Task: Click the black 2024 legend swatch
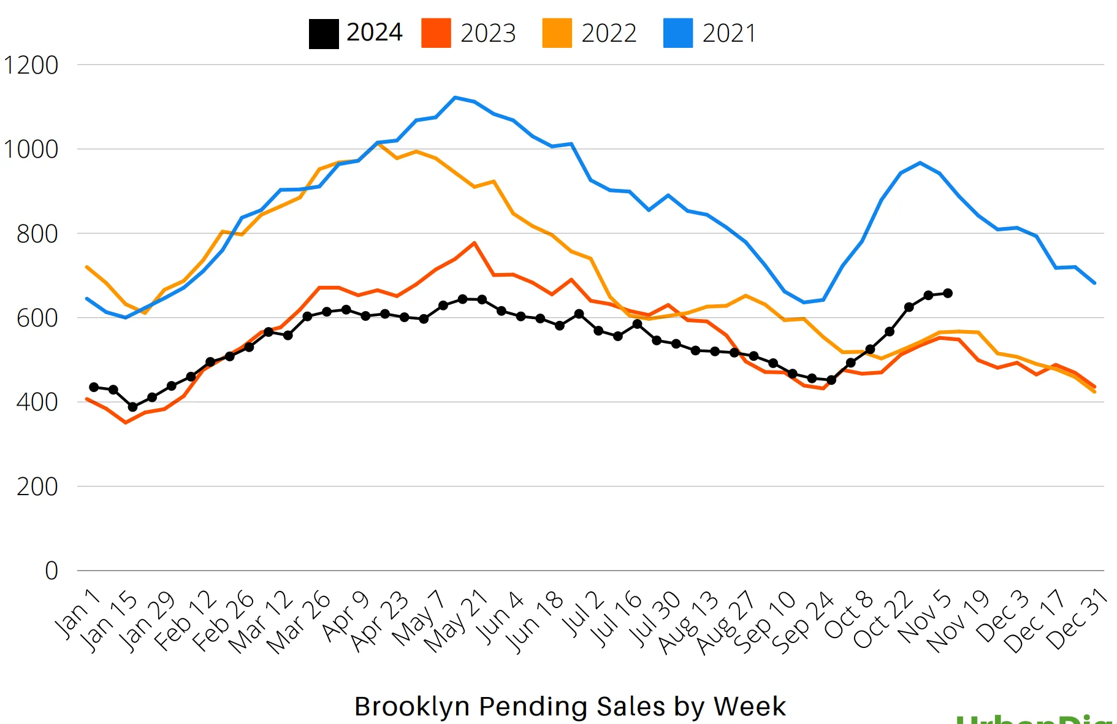[324, 34]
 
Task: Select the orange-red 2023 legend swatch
[436, 34]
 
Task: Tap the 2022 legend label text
[609, 34]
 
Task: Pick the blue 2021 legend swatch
[678, 34]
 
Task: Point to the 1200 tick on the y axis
[31, 65]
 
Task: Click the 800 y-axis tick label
[37, 234]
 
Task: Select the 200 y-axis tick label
[37, 487]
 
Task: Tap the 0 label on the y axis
[51, 571]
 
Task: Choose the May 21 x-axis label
[457, 621]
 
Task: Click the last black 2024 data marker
[948, 293]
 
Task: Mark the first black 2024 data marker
[94, 387]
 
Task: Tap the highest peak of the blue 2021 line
[455, 98]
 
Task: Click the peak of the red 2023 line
[475, 243]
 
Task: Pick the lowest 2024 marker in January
[132, 407]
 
